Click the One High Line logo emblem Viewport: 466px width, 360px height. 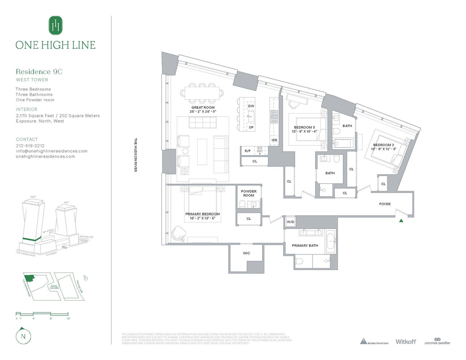pos(55,26)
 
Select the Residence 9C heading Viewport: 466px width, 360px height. pos(39,72)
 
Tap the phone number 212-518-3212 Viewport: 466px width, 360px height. pos(30,146)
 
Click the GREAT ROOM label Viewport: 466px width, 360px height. pos(203,108)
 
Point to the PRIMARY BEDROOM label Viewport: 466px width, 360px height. pos(202,214)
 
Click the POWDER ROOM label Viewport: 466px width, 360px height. pos(248,193)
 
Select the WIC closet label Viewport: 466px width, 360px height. pos(246,253)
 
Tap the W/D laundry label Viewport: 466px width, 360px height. pos(290,222)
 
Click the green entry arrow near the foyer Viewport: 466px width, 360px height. pos(401,221)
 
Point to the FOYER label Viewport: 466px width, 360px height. pos(385,204)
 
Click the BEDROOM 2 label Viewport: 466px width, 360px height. pos(384,145)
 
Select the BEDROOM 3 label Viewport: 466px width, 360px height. pos(304,127)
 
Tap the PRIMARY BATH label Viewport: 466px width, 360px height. pos(305,246)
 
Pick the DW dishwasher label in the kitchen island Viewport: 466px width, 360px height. pos(251,106)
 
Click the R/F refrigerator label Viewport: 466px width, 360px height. pos(248,151)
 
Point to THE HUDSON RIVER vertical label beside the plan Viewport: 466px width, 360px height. pos(136,155)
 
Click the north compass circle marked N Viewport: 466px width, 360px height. pos(23,337)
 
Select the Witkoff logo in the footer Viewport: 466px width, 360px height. pos(405,342)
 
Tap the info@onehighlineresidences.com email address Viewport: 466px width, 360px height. pos(51,151)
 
